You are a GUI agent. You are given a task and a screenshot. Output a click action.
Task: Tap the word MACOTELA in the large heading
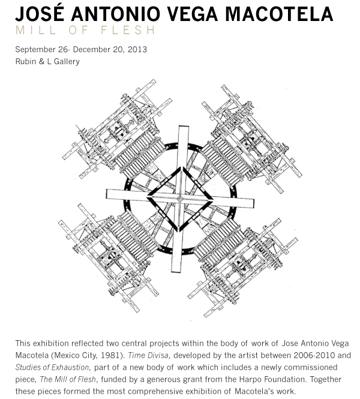tap(279, 14)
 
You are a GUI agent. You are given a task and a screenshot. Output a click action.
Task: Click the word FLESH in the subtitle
tap(128, 30)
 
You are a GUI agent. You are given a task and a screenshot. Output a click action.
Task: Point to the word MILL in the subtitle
tap(36, 30)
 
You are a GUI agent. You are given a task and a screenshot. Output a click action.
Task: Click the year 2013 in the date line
tap(137, 49)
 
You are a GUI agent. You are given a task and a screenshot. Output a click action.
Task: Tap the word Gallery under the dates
tap(67, 62)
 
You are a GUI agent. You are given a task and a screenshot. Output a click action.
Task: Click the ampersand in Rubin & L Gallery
tap(42, 62)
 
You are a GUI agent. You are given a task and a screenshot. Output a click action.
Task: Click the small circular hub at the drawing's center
tap(179, 199)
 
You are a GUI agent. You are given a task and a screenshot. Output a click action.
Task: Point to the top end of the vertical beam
tap(183, 126)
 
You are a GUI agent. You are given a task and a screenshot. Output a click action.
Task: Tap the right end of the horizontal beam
tap(253, 203)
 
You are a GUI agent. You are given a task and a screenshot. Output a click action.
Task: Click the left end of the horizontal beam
tap(107, 194)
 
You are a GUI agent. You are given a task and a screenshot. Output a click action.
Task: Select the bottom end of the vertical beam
tap(176, 271)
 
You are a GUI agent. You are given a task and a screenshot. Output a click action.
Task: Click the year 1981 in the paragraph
tap(111, 355)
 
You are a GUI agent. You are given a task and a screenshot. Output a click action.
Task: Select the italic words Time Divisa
tap(149, 355)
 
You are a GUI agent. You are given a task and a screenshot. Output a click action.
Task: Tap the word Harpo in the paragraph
tap(250, 379)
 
